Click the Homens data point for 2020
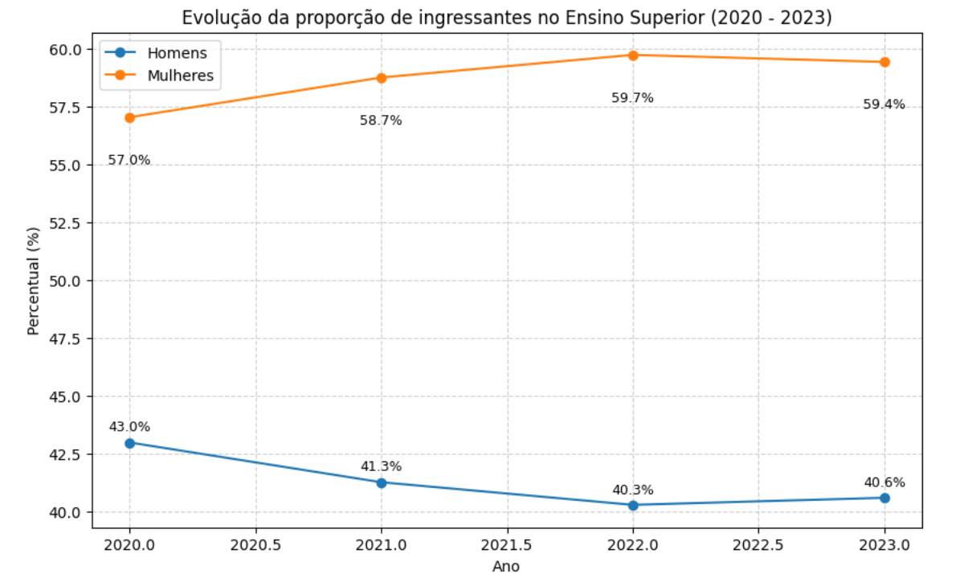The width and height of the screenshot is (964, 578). tap(130, 443)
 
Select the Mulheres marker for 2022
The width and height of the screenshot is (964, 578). tap(633, 55)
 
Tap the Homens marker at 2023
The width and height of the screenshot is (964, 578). tap(884, 498)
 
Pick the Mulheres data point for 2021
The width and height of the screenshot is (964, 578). tap(382, 78)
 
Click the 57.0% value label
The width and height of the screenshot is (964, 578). tap(129, 160)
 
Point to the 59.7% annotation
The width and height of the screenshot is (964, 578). tap(632, 98)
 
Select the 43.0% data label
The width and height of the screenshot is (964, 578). tap(129, 427)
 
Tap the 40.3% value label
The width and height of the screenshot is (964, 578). tap(632, 490)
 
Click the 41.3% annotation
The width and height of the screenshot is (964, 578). tap(381, 466)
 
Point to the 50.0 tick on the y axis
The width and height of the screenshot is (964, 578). tap(66, 281)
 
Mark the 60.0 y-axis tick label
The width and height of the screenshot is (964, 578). tap(66, 50)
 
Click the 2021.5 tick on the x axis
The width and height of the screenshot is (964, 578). tap(507, 544)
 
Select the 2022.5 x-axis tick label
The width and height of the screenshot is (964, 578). tap(758, 544)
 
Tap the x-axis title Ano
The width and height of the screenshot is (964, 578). tap(506, 566)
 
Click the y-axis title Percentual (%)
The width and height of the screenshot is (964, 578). tap(33, 281)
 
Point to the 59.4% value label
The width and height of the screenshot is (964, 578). tap(884, 104)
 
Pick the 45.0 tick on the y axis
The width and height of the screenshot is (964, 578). tap(66, 396)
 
